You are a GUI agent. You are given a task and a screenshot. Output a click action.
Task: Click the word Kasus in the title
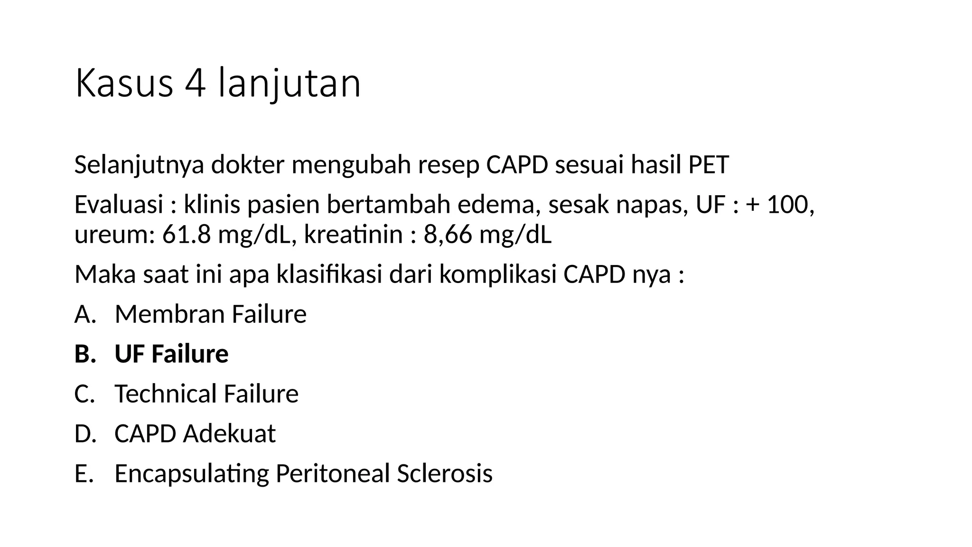coord(124,84)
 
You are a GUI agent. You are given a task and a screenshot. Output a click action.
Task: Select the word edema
coord(499,205)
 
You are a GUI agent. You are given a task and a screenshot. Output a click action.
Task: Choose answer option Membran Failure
coord(210,314)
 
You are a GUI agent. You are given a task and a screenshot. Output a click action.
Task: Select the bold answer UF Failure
coord(171,354)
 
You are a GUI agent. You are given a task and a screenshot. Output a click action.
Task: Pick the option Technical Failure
coord(206,394)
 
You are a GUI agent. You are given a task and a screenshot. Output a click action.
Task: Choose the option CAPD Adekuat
coord(195,434)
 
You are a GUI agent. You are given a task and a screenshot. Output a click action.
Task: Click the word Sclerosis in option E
coord(445,473)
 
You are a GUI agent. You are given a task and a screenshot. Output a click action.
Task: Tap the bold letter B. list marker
coord(84,354)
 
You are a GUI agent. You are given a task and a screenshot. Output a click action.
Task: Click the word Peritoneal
coord(332,473)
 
